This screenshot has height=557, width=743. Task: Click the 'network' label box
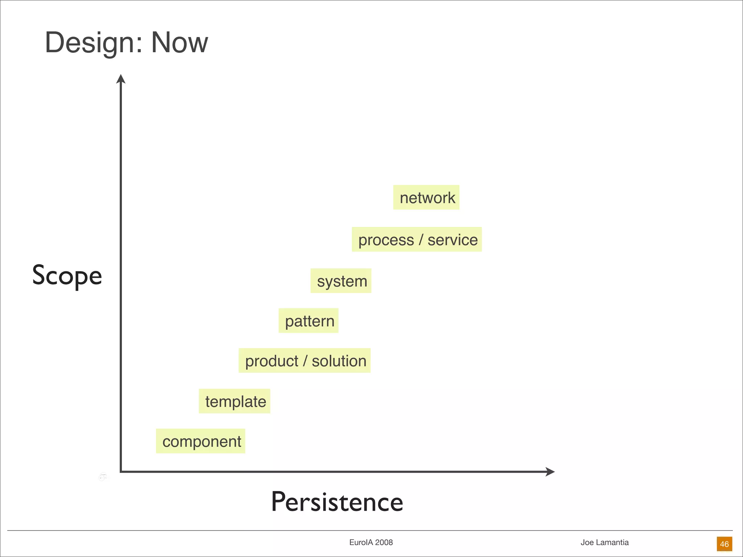pos(426,198)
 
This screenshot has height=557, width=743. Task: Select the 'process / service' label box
pos(417,240)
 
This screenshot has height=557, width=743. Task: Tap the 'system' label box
pos(341,281)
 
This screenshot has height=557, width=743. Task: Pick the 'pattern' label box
pos(309,321)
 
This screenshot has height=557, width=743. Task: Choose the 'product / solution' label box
pos(305,361)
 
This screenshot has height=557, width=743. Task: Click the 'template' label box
pos(235,401)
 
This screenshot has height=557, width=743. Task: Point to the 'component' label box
pos(201,441)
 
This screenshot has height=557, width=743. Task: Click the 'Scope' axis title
pos(67,276)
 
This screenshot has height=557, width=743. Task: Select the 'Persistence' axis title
pos(337,502)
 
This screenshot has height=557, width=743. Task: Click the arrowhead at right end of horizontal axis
pos(550,472)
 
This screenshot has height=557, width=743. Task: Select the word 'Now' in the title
pos(179,42)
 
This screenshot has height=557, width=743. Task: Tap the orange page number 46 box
pos(724,544)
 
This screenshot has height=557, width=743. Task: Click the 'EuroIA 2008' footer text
pos(371,542)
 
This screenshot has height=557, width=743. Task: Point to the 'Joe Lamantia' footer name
pos(604,542)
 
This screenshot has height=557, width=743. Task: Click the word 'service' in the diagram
pos(452,240)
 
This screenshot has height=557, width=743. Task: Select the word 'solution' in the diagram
pos(339,361)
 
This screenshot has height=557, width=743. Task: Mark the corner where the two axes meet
pos(121,472)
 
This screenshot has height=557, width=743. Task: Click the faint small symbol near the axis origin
pos(103,477)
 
